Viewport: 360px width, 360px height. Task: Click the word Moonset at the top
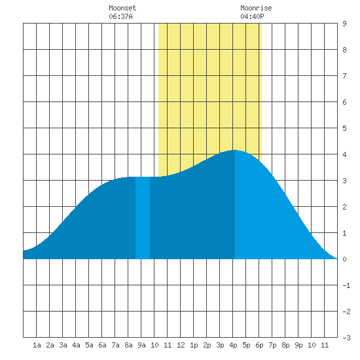tap(122, 8)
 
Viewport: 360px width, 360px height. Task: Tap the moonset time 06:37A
tap(121, 16)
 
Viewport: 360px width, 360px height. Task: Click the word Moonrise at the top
tap(256, 8)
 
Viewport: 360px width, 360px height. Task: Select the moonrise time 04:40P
tap(252, 16)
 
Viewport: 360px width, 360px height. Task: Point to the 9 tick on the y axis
tap(344, 24)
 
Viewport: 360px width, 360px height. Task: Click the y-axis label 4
tap(344, 154)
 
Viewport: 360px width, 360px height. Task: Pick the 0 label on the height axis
tap(344, 259)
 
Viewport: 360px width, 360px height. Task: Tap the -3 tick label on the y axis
tap(346, 338)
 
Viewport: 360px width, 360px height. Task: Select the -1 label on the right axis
tap(346, 285)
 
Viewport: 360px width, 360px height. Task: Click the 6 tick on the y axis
tap(344, 102)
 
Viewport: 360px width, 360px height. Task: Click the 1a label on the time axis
tap(37, 345)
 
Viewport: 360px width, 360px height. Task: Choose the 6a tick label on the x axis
tap(102, 345)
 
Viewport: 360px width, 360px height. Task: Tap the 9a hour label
tap(141, 345)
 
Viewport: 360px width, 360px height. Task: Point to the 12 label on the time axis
tap(181, 345)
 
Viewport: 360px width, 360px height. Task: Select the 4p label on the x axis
tap(233, 345)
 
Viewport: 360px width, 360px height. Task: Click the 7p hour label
tap(272, 345)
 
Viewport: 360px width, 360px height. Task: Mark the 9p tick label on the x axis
tap(298, 345)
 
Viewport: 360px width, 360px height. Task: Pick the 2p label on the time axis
tap(207, 345)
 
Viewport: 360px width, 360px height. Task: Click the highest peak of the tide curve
tap(234, 150)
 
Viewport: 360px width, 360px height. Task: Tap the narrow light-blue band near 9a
tap(143, 218)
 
